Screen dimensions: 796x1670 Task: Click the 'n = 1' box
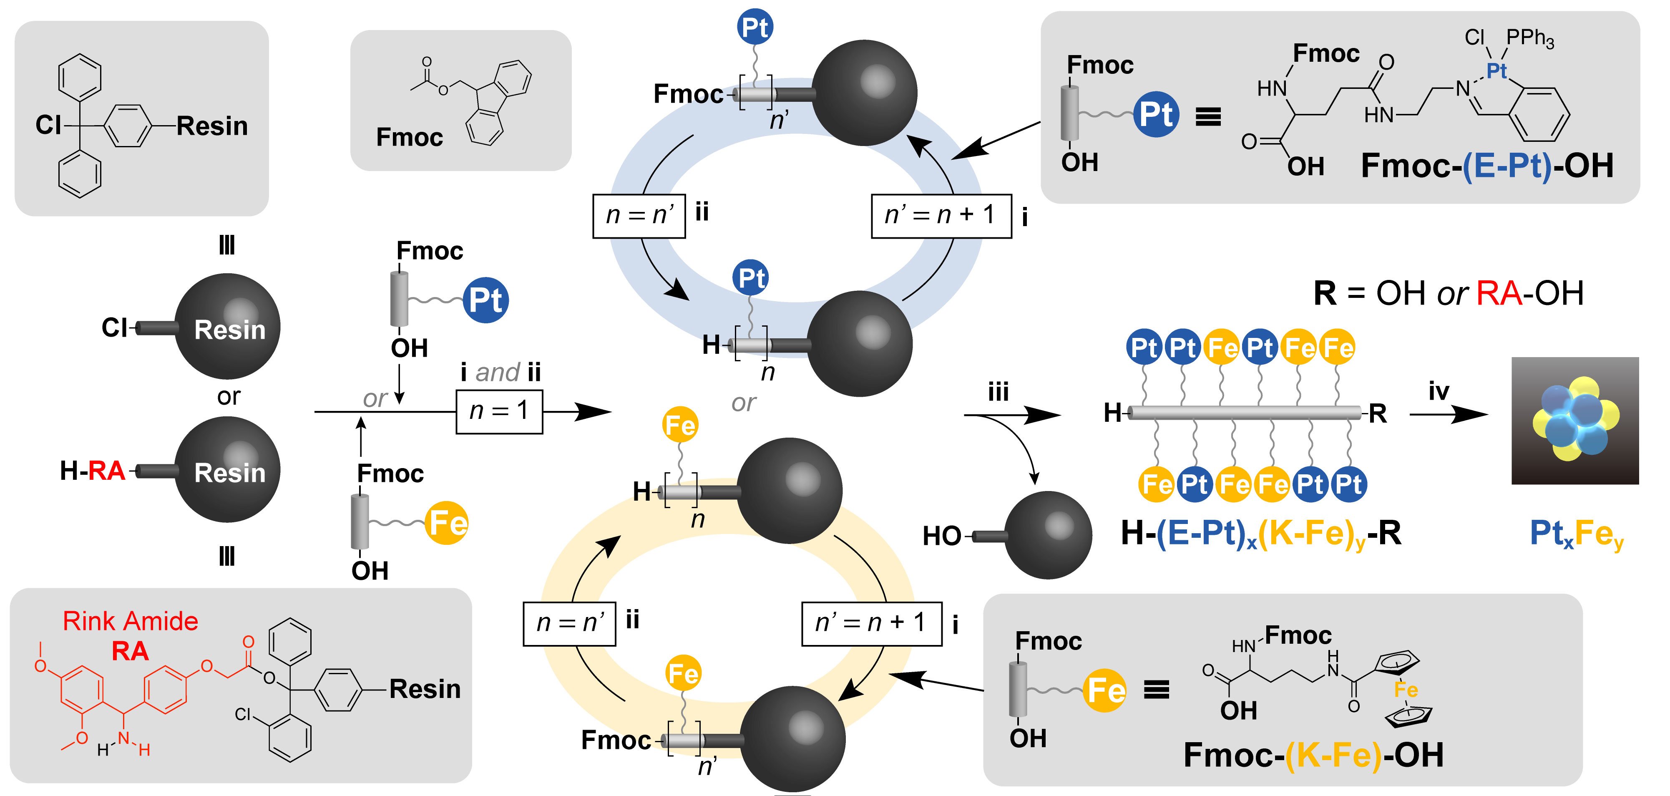tap(499, 411)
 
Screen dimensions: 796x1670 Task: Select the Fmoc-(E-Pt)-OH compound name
tap(1486, 166)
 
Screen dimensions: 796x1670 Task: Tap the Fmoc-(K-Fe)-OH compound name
tap(1313, 755)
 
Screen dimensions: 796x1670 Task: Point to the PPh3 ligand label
tap(1530, 38)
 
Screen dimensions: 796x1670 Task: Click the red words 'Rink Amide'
tap(130, 621)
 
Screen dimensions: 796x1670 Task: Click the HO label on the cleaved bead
tap(942, 536)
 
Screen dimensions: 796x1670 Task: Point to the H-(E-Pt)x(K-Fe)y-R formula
tap(1261, 534)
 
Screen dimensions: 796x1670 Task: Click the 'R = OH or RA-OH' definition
tap(1448, 294)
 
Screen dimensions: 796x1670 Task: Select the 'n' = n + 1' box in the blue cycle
tap(941, 215)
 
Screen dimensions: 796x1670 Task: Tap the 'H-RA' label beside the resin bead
tap(92, 471)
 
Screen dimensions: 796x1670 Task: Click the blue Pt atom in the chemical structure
tap(1496, 71)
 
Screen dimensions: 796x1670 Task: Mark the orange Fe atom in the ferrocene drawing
tap(1406, 690)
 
